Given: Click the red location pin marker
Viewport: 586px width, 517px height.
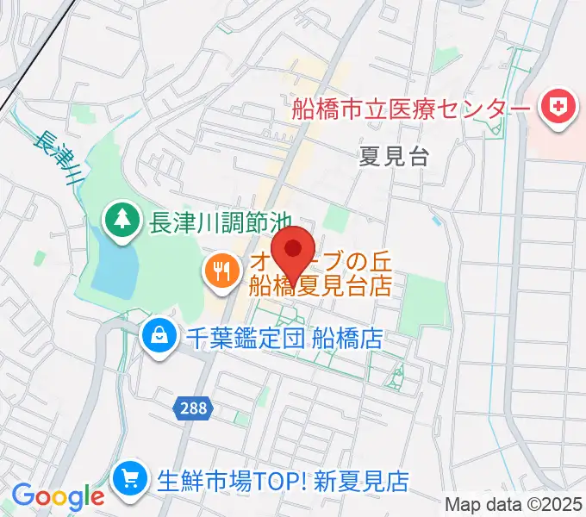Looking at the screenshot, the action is tap(293, 251).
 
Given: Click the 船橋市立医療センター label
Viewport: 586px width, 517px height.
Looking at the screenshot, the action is tap(410, 109).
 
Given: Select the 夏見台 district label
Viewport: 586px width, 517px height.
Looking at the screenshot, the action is tap(394, 156).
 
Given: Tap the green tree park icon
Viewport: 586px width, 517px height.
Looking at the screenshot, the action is tap(122, 221).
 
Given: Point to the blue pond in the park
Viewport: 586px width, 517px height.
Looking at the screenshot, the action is tap(115, 266).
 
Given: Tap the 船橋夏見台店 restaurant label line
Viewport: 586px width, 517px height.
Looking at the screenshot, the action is tap(321, 284).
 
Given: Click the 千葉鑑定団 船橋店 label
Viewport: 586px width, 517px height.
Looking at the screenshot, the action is tap(284, 336).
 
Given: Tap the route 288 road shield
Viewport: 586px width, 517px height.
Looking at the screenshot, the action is tap(195, 408).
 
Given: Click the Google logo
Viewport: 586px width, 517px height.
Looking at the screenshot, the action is tap(58, 495).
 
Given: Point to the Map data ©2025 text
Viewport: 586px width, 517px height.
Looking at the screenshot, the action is tap(514, 503).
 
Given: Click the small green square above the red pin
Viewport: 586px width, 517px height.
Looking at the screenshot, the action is tap(338, 220).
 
